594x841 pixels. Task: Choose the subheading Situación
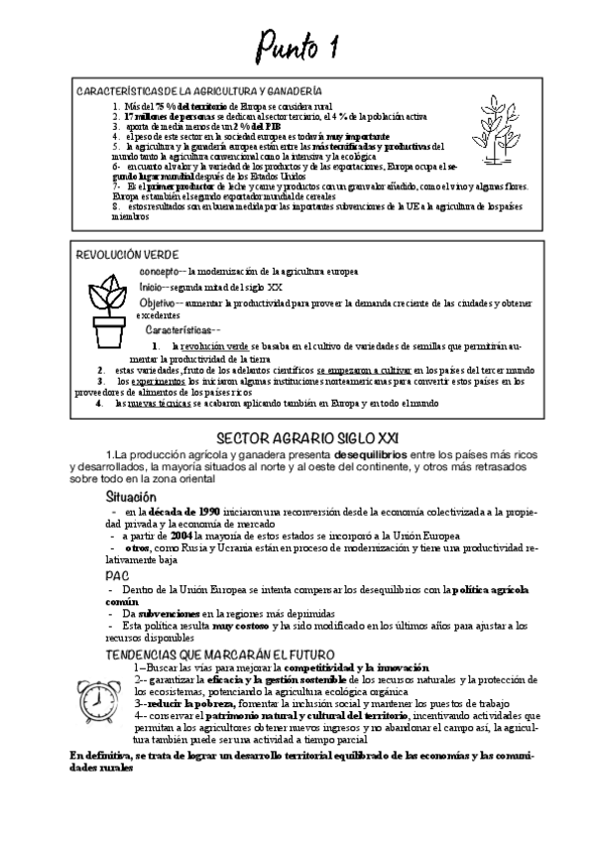[131, 495]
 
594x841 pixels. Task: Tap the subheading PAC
[117, 574]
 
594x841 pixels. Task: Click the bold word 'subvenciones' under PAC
[157, 614]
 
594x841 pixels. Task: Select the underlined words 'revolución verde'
[209, 346]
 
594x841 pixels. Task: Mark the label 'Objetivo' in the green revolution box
[158, 301]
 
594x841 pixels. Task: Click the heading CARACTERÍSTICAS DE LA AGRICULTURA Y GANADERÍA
[199, 90]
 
